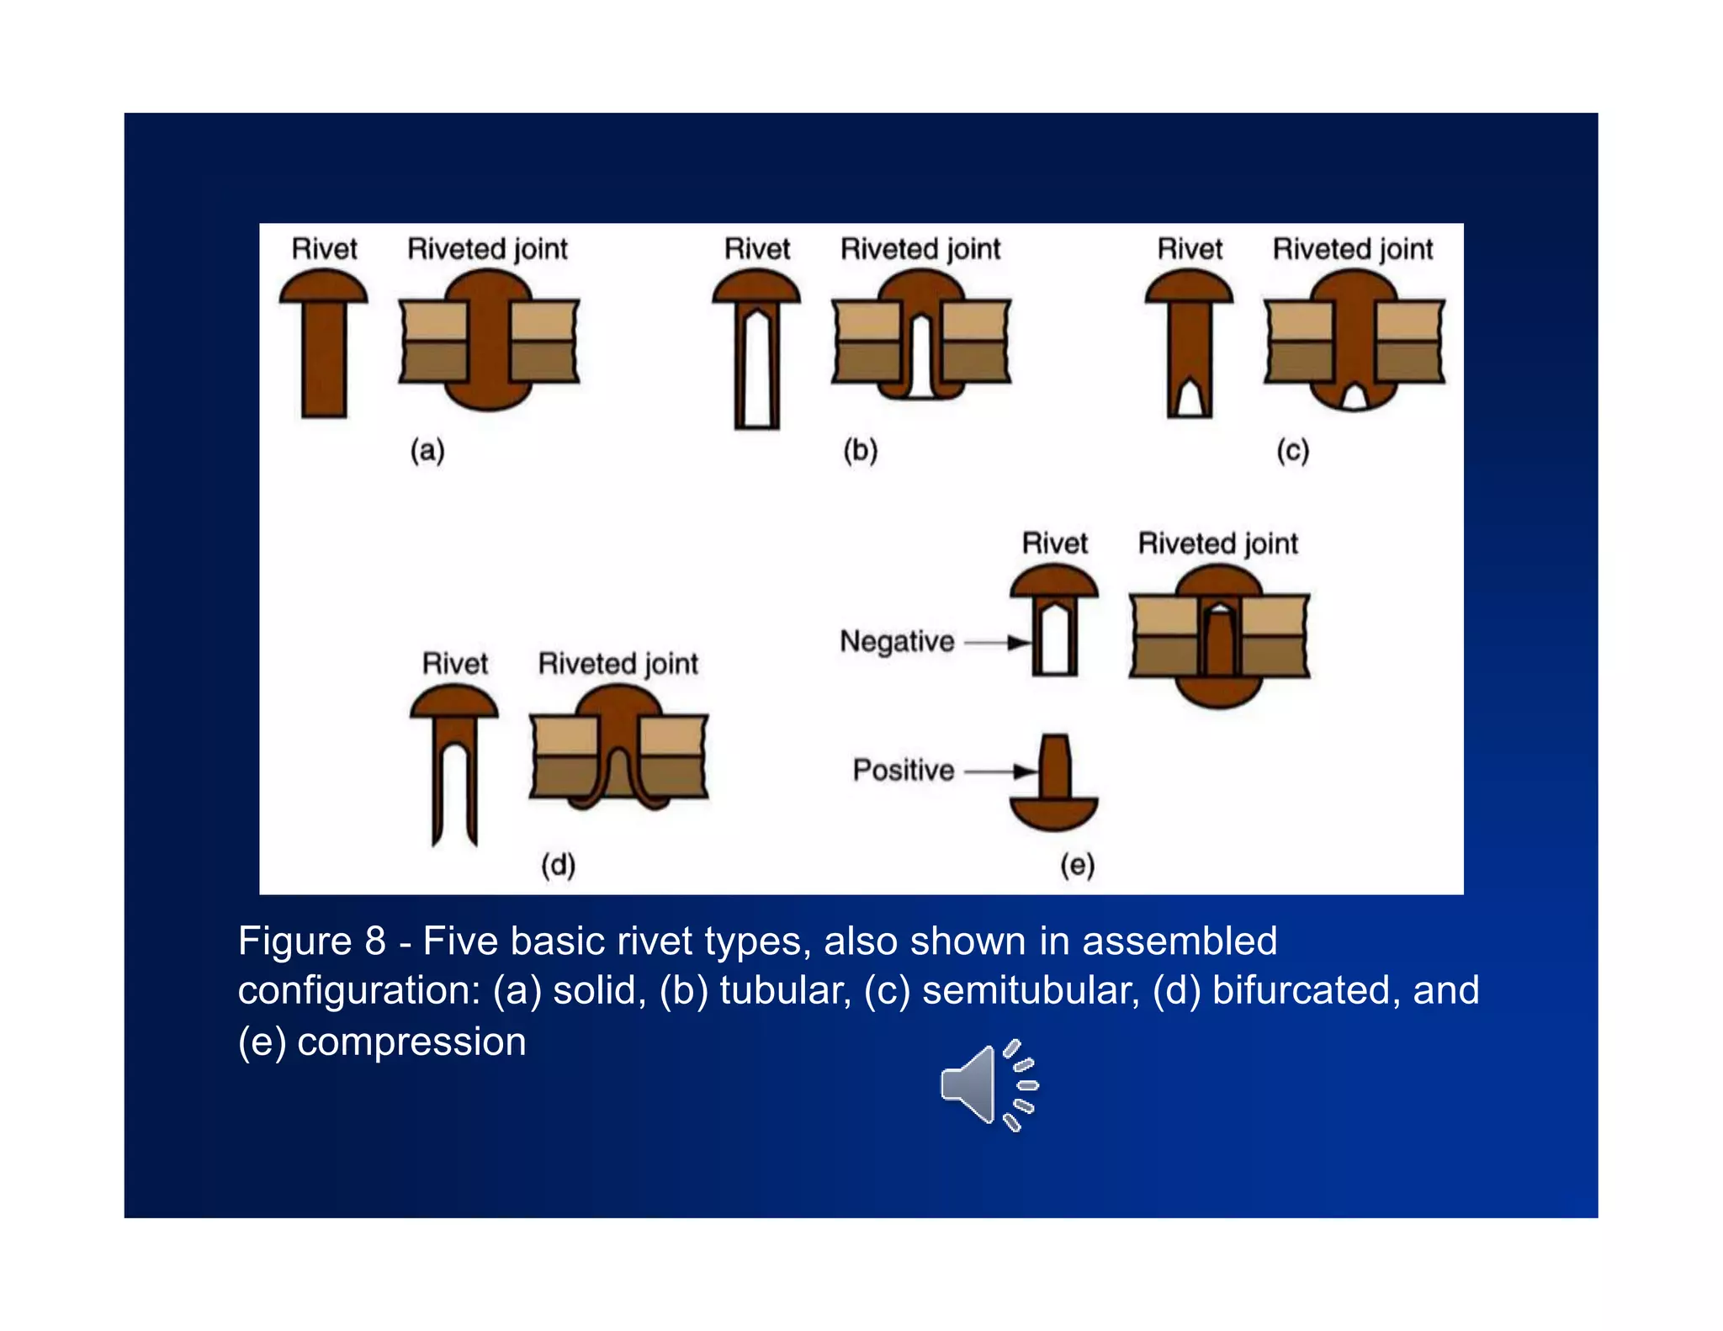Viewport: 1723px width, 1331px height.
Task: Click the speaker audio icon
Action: (x=988, y=1085)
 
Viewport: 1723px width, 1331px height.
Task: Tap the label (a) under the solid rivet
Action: (x=427, y=450)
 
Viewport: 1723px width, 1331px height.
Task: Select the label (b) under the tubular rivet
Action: (x=860, y=450)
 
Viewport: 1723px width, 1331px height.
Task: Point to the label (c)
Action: (x=1292, y=451)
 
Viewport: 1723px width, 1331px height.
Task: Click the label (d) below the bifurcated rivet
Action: (x=558, y=864)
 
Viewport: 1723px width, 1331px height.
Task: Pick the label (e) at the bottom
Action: (x=1077, y=864)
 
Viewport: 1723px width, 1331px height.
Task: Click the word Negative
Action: (x=897, y=641)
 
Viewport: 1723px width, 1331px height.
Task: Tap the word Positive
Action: (x=903, y=770)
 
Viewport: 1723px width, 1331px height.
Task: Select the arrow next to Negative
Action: (x=998, y=643)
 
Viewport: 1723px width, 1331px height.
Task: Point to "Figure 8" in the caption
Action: (x=311, y=941)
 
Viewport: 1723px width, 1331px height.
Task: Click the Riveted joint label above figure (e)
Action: (x=1217, y=544)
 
